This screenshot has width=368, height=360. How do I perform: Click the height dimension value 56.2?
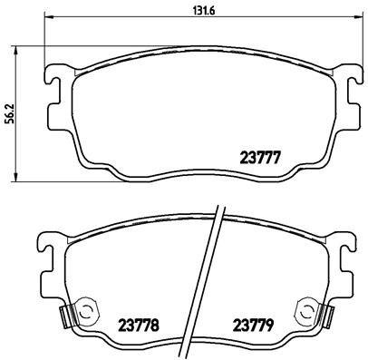9,113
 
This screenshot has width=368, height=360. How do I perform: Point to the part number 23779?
255,323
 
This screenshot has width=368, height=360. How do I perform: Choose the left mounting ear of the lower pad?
48,248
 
